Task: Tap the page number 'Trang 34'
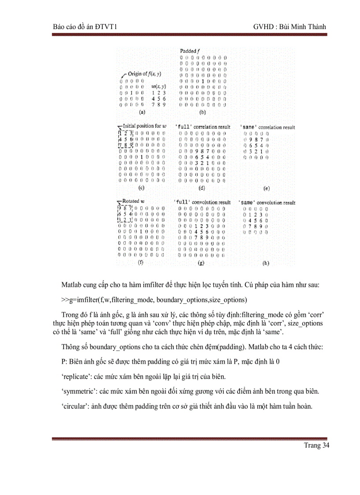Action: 316,445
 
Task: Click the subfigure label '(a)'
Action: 142,112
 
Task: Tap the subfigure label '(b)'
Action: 202,112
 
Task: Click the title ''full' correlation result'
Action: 203,127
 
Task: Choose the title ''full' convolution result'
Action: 203,202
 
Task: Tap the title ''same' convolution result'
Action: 267,202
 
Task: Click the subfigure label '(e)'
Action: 266,188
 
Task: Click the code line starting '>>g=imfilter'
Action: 148,300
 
